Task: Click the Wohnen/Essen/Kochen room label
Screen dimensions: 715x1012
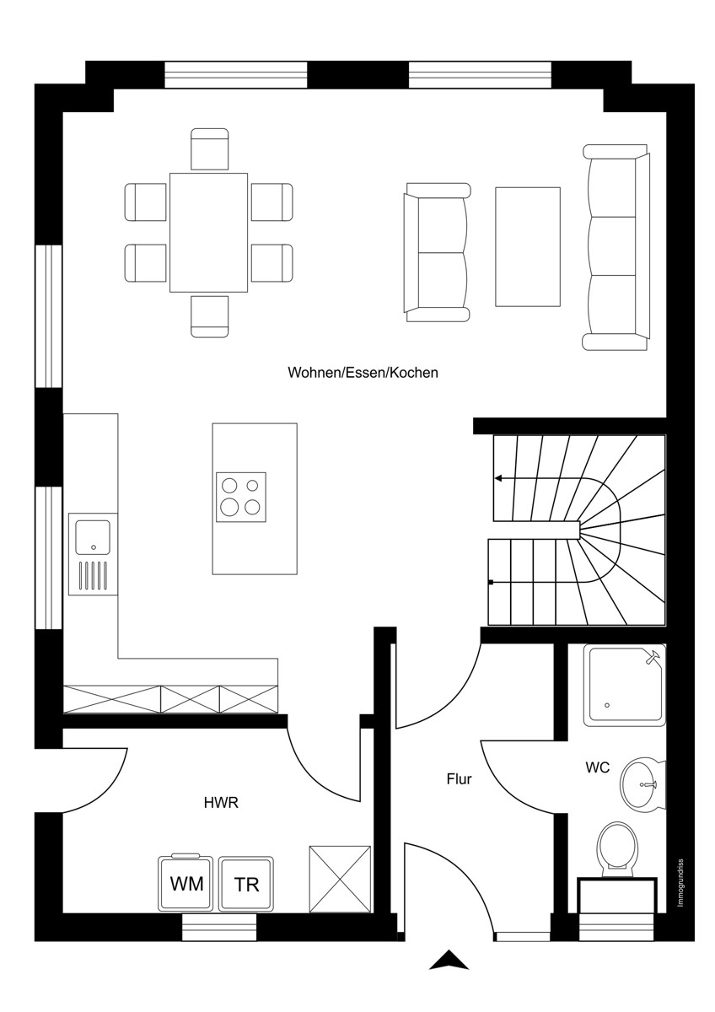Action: [363, 373]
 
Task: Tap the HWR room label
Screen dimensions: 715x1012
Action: [221, 803]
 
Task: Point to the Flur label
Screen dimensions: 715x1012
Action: [459, 779]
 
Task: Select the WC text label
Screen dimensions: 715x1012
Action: [597, 767]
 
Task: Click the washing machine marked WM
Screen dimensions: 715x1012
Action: [185, 883]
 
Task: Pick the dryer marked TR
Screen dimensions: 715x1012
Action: [245, 884]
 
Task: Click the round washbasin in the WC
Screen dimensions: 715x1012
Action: [642, 785]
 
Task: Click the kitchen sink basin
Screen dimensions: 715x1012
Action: [93, 537]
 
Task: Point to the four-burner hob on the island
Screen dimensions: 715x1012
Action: [241, 498]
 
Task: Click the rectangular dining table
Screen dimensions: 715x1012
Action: [208, 233]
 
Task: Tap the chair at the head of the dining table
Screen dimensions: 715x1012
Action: [210, 149]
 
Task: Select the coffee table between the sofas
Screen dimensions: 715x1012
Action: [528, 247]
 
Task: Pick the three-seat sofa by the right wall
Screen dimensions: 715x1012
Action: [616, 247]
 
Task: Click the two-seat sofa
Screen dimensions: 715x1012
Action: [437, 252]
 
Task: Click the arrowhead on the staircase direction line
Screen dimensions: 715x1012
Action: [498, 478]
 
